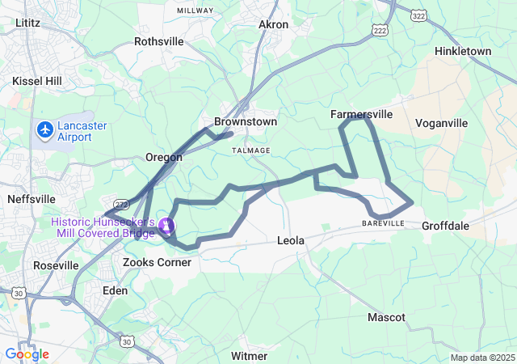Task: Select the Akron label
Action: (273, 24)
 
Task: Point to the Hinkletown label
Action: (462, 51)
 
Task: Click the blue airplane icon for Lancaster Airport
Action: (44, 129)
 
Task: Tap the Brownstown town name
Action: (245, 121)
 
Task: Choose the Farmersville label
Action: (361, 115)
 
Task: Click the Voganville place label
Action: (441, 123)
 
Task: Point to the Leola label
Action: (292, 241)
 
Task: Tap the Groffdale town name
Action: (445, 226)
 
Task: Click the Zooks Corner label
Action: (157, 262)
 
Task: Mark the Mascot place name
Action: (386, 317)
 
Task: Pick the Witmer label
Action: (249, 356)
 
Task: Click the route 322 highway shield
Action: (418, 15)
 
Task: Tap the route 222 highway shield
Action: (380, 30)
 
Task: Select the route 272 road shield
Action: (121, 205)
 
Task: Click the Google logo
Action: (27, 354)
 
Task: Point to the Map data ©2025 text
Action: (482, 358)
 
